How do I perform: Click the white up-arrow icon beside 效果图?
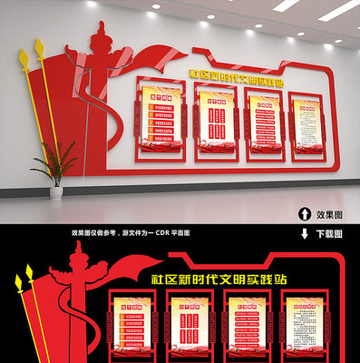[302, 214]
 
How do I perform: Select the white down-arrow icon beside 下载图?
[302, 232]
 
